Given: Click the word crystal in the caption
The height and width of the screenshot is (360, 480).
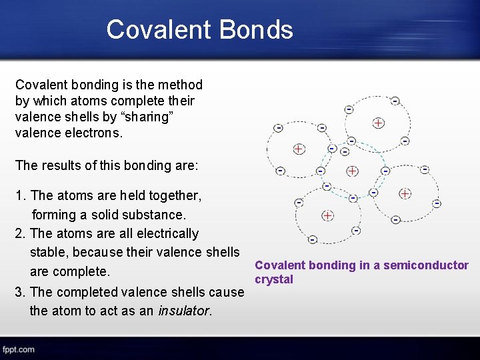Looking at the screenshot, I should pyautogui.click(x=274, y=279).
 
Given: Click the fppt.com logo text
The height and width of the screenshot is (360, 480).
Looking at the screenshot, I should pyautogui.click(x=18, y=349).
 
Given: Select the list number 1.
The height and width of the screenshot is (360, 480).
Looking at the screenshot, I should pyautogui.click(x=19, y=195).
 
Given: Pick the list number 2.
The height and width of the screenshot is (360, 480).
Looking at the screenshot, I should pyautogui.click(x=19, y=233).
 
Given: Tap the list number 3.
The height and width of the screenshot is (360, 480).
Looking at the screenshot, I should pyautogui.click(x=19, y=292).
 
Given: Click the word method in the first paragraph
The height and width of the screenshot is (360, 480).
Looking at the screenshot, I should pyautogui.click(x=180, y=85).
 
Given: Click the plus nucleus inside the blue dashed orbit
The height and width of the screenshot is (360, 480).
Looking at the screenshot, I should pyautogui.click(x=352, y=171).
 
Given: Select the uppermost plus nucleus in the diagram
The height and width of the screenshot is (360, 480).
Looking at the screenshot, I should pyautogui.click(x=378, y=123).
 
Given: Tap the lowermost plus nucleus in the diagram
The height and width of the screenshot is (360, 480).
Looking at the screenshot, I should pyautogui.click(x=327, y=215).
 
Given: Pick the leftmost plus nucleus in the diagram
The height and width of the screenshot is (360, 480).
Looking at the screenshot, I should pyautogui.click(x=299, y=148).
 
